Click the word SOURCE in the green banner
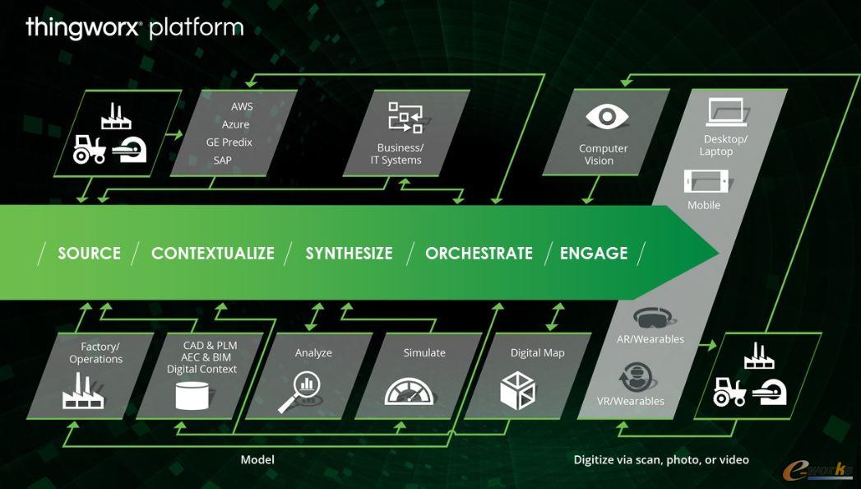[89, 254]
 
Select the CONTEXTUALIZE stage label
[212, 254]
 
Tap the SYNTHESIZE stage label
[349, 254]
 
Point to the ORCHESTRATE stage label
[479, 254]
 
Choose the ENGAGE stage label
[594, 254]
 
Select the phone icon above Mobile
[706, 181]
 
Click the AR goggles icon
[655, 317]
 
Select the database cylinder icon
[193, 395]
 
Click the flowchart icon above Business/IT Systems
[405, 117]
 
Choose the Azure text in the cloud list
[235, 125]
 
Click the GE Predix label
[229, 142]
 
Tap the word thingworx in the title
[83, 28]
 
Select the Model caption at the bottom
[257, 459]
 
